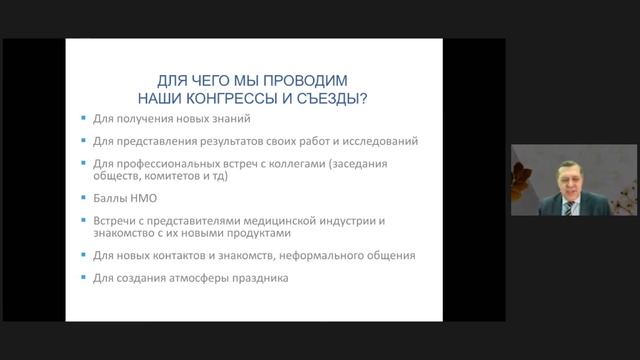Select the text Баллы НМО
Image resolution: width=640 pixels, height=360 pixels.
pyautogui.click(x=121, y=198)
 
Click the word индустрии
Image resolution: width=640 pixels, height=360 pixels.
pyautogui.click(x=349, y=220)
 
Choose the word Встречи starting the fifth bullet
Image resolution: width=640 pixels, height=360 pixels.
pyautogui.click(x=116, y=220)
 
